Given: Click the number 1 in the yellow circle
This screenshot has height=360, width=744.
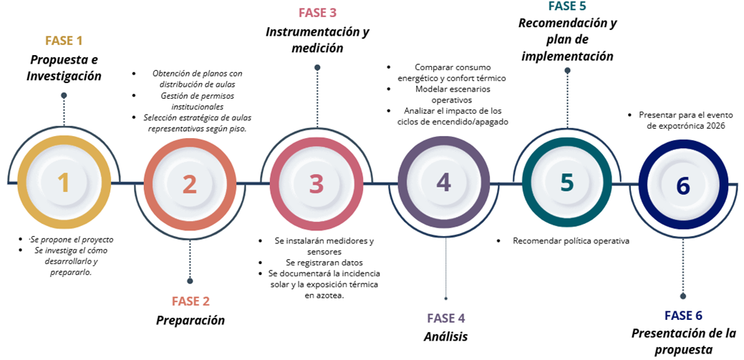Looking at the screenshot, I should point(64,183).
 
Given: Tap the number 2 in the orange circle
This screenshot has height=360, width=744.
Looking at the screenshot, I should point(189,184).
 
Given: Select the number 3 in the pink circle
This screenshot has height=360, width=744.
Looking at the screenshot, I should point(317,184).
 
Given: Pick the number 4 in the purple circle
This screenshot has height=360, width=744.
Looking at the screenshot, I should point(443,183).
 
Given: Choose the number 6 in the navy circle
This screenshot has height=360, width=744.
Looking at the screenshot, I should point(683,185).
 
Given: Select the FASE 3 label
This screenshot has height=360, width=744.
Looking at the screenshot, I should point(317,12).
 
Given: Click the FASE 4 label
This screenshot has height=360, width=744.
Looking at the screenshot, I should point(446,318).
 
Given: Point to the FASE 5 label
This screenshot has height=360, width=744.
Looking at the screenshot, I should point(568,6).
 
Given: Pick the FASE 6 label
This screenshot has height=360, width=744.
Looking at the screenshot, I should point(683,316).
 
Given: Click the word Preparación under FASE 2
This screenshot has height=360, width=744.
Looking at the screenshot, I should point(190,320).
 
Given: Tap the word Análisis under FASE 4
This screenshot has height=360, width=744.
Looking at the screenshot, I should point(445,336).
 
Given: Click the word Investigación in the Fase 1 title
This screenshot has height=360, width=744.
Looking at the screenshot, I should point(64,76).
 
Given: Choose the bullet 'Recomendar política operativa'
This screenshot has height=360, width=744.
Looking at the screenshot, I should point(571,241).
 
